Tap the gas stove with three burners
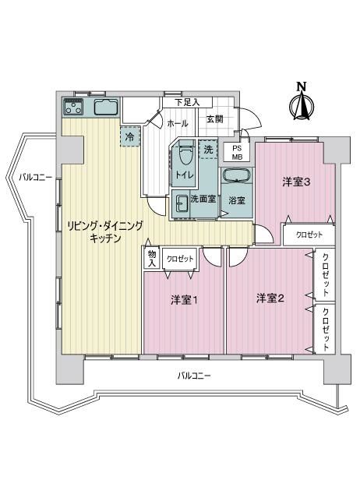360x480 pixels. [x=73, y=107]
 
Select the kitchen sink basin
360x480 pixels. [x=106, y=108]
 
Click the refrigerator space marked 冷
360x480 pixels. [x=130, y=137]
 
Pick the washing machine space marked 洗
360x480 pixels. [x=208, y=149]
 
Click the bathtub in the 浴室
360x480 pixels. [x=236, y=176]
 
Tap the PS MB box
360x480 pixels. [x=236, y=153]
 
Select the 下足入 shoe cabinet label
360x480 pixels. [x=187, y=102]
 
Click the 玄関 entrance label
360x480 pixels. [x=214, y=119]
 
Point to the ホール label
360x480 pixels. [x=177, y=124]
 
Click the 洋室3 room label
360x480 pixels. [x=296, y=183]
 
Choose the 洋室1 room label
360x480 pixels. [x=184, y=300]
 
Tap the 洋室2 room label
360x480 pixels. [x=270, y=298]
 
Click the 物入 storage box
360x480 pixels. [x=152, y=258]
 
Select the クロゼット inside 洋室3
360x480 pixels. [x=309, y=235]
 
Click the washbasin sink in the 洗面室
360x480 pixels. [x=182, y=203]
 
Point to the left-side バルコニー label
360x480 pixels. [x=36, y=177]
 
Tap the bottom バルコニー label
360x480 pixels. [x=194, y=376]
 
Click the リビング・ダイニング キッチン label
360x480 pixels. [x=105, y=232]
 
